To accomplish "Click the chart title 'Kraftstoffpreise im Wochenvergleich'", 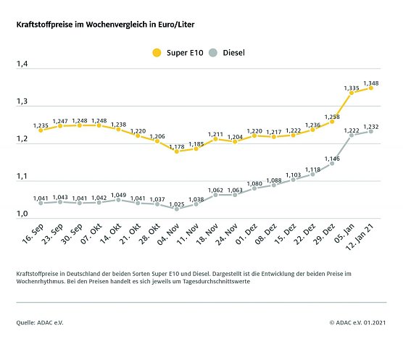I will click(x=106, y=25).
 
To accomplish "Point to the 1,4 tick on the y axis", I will click(x=22, y=65).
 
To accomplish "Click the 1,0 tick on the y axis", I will click(x=22, y=214).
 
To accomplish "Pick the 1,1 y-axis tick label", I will click(x=22, y=177).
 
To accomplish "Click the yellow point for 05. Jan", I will click(x=352, y=93).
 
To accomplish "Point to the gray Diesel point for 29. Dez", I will click(x=332, y=164).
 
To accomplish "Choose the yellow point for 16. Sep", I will click(x=41, y=130).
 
